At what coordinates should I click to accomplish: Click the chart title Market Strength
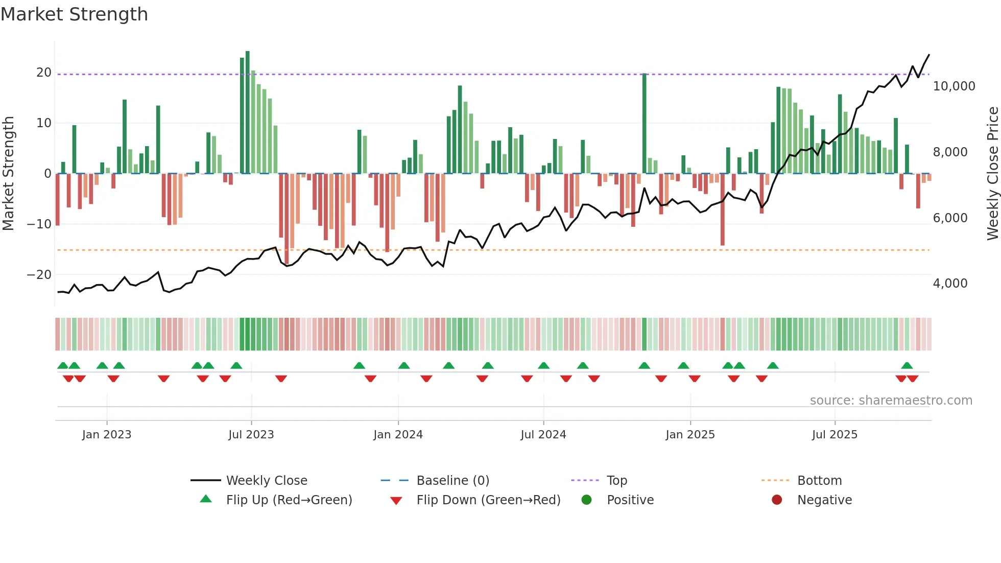(74, 14)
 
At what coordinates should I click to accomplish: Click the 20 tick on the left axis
(44, 73)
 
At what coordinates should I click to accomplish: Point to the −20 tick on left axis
(39, 275)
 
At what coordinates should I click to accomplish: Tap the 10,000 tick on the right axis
(954, 86)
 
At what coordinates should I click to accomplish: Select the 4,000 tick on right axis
(950, 284)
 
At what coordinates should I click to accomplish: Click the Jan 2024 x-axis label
(398, 435)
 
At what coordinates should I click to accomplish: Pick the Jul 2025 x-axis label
(835, 435)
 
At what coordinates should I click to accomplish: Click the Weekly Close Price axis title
(992, 174)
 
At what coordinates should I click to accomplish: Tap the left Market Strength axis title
(9, 174)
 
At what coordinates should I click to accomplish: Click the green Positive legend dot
(586, 500)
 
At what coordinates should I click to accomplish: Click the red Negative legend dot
(777, 500)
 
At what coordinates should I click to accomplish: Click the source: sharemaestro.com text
(891, 401)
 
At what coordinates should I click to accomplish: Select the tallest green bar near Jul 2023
(248, 112)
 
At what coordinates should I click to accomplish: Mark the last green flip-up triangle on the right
(907, 366)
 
